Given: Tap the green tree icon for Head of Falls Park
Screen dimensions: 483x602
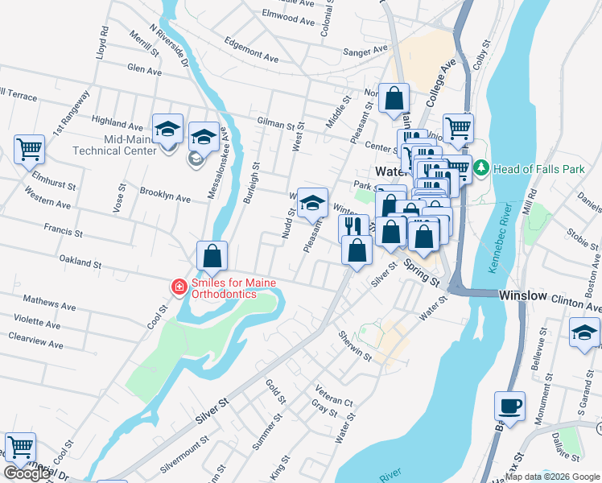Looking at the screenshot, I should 481,168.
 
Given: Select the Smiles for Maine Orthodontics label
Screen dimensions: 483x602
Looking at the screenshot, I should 223,288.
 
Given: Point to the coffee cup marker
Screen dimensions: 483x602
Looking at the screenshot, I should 510,405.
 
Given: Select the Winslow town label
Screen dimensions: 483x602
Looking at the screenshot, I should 523,296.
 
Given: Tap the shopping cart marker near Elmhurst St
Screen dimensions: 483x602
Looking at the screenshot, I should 29,148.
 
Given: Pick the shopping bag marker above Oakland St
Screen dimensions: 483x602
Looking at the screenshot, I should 212,256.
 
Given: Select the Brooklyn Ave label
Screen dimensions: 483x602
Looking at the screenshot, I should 165,196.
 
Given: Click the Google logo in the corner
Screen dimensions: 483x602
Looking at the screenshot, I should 27,473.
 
